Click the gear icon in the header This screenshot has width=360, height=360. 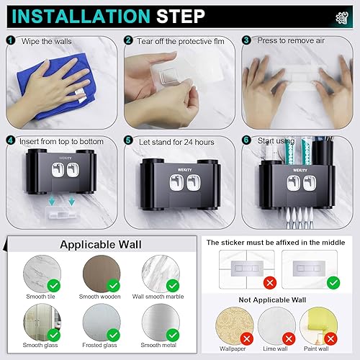342,18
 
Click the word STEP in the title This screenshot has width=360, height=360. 181,17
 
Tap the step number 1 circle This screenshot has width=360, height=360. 10,40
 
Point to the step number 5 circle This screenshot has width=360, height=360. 128,140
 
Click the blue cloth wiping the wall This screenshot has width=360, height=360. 58,86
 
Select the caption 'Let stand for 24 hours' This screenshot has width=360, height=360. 176,142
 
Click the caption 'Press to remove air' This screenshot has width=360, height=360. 291,40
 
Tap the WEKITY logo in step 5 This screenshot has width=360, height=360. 184,170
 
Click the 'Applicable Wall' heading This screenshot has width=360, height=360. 101,245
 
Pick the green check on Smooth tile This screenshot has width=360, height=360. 54,286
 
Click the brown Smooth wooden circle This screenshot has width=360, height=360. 102,274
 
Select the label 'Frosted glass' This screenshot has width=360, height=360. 99,345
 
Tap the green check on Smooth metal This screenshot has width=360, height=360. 173,335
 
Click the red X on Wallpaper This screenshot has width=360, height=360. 247,339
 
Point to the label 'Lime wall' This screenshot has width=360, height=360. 275,348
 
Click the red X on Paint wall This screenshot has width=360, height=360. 330,339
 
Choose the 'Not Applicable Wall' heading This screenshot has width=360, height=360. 272,300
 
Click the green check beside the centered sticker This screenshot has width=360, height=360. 333,283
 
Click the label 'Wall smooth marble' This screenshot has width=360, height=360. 158,297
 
